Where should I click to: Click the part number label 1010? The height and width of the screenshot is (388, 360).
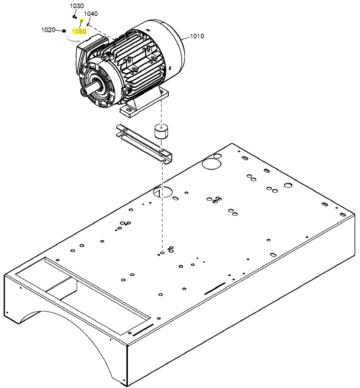click(x=197, y=36)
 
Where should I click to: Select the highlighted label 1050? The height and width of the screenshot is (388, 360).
click(x=79, y=31)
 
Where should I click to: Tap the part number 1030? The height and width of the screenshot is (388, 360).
click(x=77, y=6)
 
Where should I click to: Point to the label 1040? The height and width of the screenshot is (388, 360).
click(x=90, y=14)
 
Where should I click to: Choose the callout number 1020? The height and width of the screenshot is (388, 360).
click(x=48, y=30)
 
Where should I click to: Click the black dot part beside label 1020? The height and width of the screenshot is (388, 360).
click(x=64, y=31)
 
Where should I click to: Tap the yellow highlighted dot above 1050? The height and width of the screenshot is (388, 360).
click(x=81, y=21)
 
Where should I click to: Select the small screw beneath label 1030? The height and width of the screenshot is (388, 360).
click(x=74, y=17)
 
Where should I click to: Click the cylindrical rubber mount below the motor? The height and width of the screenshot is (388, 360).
click(x=161, y=132)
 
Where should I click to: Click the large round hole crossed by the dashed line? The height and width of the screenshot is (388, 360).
click(x=163, y=191)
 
